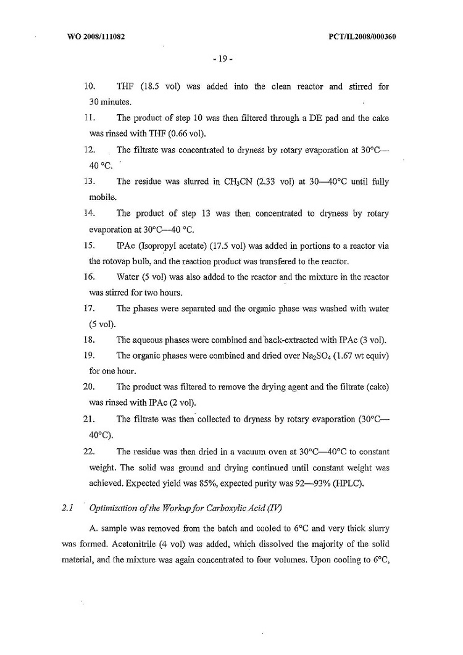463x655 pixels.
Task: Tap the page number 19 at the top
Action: (x=222, y=59)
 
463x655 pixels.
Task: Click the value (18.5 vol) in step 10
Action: (x=151, y=86)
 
